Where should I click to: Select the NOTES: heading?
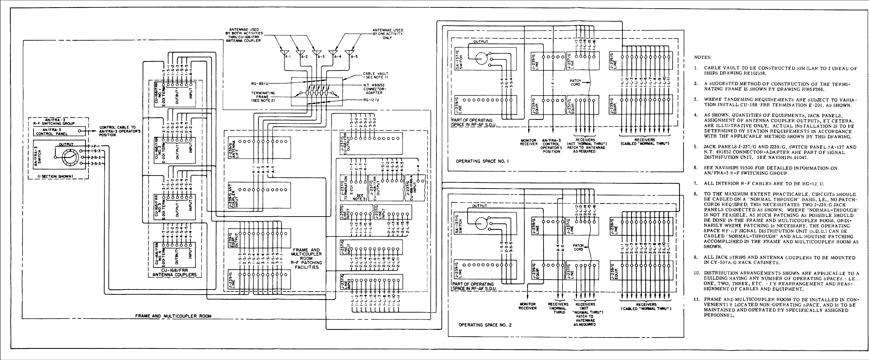(x=703, y=57)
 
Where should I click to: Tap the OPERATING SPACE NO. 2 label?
(x=485, y=325)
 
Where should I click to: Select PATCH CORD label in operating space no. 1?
(x=575, y=83)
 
